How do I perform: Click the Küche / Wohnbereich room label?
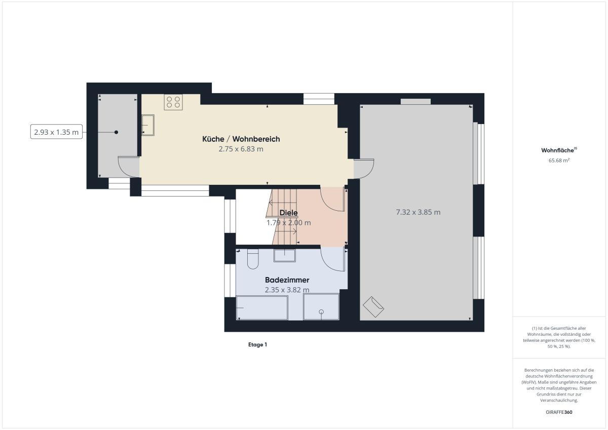click(241, 139)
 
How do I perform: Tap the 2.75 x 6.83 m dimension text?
click(241, 149)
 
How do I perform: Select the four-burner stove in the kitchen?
click(173, 102)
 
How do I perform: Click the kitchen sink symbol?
click(148, 125)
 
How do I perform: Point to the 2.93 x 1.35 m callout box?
click(56, 132)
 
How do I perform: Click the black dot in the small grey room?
click(116, 132)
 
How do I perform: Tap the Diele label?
click(288, 213)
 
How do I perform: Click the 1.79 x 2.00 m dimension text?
click(288, 223)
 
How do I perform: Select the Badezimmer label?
click(287, 280)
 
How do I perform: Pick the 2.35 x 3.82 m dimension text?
click(287, 290)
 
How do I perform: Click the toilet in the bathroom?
click(253, 259)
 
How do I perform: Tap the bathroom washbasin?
click(284, 256)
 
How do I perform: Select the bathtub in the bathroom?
click(262, 308)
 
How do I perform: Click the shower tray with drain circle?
click(321, 306)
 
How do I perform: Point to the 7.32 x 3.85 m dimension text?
click(419, 212)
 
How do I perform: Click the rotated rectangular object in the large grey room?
click(373, 307)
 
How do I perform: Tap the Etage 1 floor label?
click(257, 344)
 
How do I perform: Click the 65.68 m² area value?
click(559, 161)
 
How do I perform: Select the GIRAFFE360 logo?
click(559, 412)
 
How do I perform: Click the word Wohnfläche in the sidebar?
click(557, 150)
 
